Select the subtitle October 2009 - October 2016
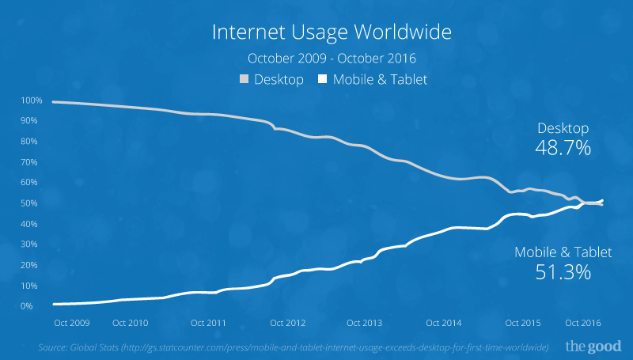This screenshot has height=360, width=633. (x=332, y=59)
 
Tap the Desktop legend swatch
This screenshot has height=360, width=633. (x=244, y=79)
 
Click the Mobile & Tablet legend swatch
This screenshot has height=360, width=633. (x=322, y=79)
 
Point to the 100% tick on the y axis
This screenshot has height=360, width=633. (x=32, y=101)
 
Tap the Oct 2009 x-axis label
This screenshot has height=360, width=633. (x=71, y=323)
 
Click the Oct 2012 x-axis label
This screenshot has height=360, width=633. (x=287, y=323)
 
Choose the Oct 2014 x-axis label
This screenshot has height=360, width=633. (x=444, y=323)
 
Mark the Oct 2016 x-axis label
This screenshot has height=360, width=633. (x=582, y=323)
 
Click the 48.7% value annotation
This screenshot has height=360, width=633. (x=563, y=148)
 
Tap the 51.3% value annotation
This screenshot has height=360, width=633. (x=563, y=273)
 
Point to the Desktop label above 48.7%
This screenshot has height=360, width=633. (x=563, y=128)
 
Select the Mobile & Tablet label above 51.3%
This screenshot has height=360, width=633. (x=563, y=252)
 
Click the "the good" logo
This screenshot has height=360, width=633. (x=593, y=346)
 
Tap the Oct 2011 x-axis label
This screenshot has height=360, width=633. (x=209, y=323)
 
